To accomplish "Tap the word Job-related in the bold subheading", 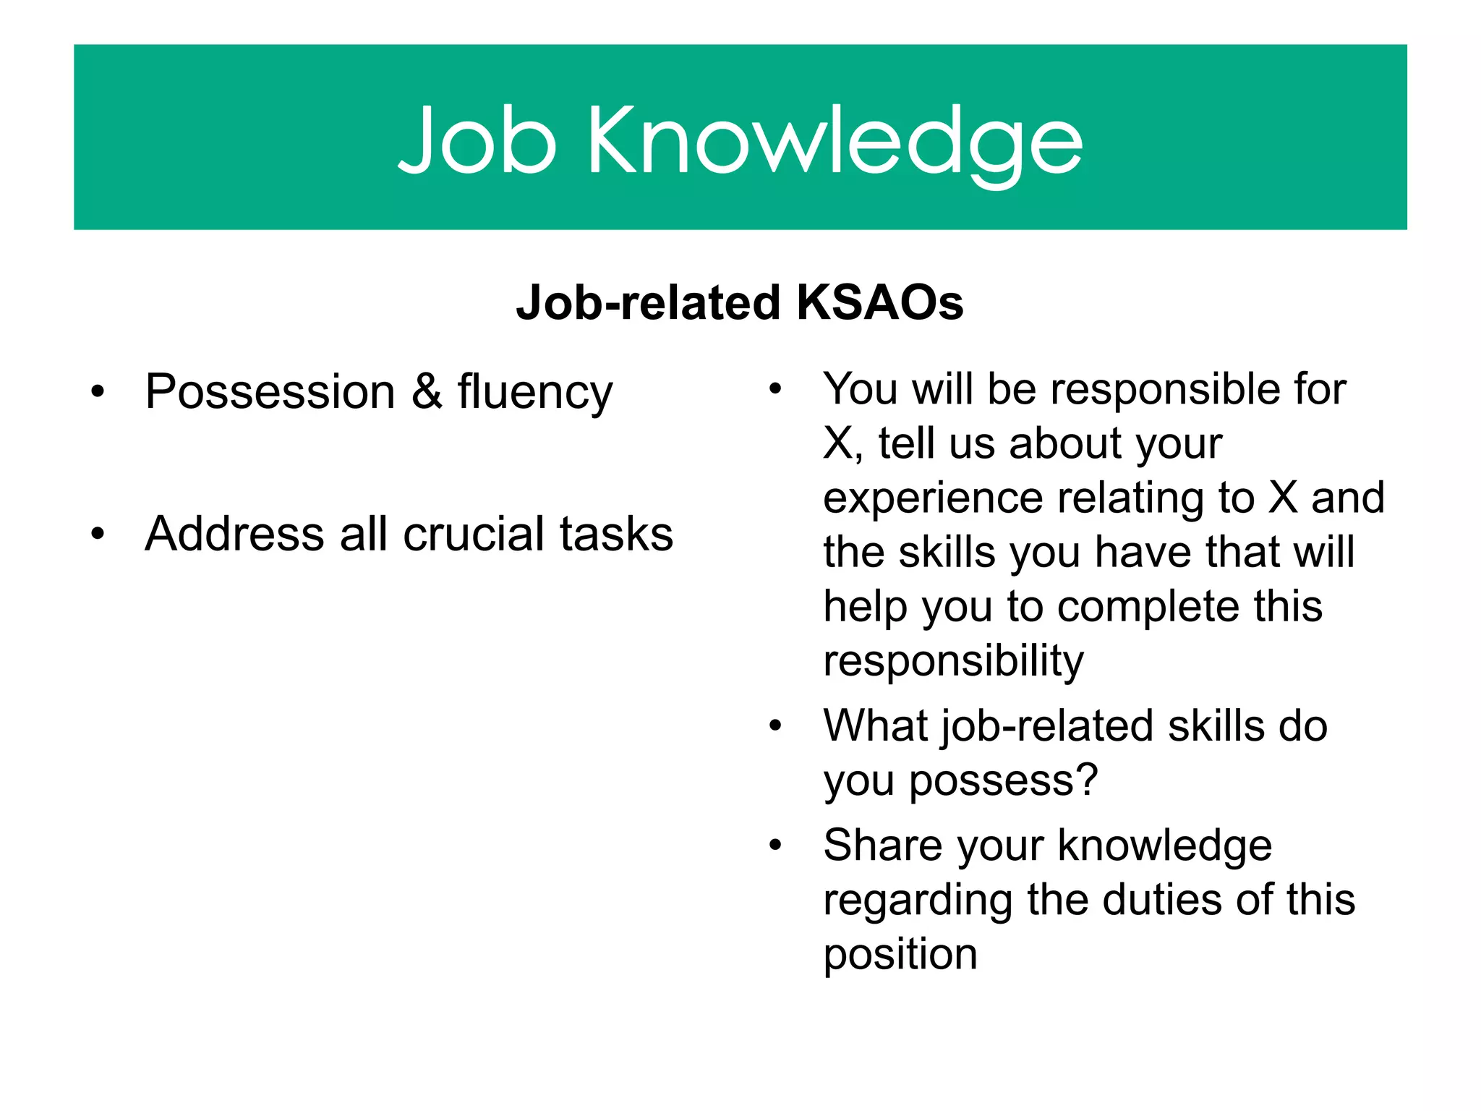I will tap(648, 302).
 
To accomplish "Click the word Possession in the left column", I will tap(270, 392).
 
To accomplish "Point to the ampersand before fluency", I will tap(427, 392).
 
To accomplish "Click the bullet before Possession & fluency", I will tap(98, 392).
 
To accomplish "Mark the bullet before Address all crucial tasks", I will tap(98, 535).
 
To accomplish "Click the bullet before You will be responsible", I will tap(775, 389).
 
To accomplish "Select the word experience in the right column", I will tap(932, 499).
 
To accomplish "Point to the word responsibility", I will tap(953, 661).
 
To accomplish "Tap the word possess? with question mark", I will tap(1003, 781).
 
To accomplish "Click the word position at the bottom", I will tap(900, 955).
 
